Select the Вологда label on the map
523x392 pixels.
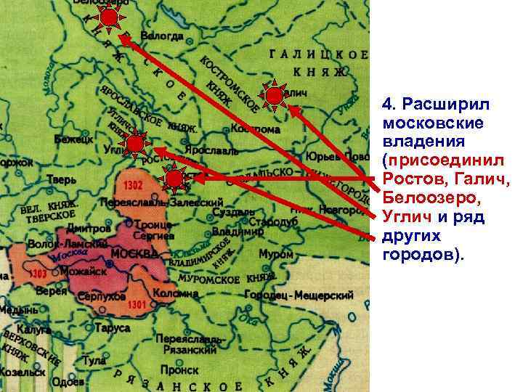(161, 36)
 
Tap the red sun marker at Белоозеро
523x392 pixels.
(110, 18)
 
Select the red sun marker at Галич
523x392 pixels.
(274, 97)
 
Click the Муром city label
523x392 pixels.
(277, 255)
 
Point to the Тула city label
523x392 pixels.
(94, 360)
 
